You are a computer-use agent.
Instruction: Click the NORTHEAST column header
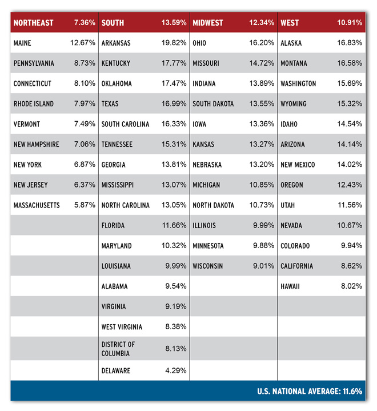pos(33,23)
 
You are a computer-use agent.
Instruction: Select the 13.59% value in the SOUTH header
pos(174,23)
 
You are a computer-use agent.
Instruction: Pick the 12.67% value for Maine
pos(83,43)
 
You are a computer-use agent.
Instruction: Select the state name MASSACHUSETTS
pos(37,205)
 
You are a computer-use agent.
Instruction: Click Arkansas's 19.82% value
pos(174,43)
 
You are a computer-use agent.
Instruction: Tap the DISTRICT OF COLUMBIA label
pos(118,349)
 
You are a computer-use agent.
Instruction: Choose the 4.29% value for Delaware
pos(176,370)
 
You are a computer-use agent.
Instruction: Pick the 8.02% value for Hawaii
pos(351,286)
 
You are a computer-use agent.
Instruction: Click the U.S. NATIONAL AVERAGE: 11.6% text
pos(308,391)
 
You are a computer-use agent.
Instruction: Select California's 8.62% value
pos(351,266)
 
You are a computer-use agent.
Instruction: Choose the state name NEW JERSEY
pos(31,185)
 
